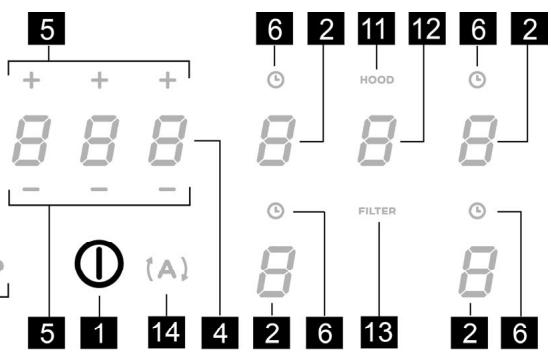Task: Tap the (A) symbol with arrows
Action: [167, 266]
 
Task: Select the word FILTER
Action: [376, 212]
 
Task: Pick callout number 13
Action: [376, 328]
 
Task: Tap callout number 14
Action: [167, 328]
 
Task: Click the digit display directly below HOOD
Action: [376, 140]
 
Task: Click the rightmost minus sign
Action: [166, 188]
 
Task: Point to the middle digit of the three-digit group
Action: [98, 140]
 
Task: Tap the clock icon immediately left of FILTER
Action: [274, 211]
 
